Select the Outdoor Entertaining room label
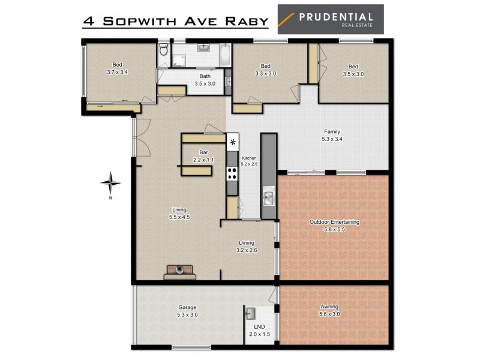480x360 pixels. point(334,222)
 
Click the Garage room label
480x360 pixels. point(187,307)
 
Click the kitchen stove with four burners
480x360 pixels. point(232,173)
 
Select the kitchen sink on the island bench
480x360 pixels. point(268,197)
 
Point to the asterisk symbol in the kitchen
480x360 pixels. point(233,143)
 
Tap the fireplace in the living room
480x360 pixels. point(180,272)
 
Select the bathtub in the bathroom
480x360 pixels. point(223,55)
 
